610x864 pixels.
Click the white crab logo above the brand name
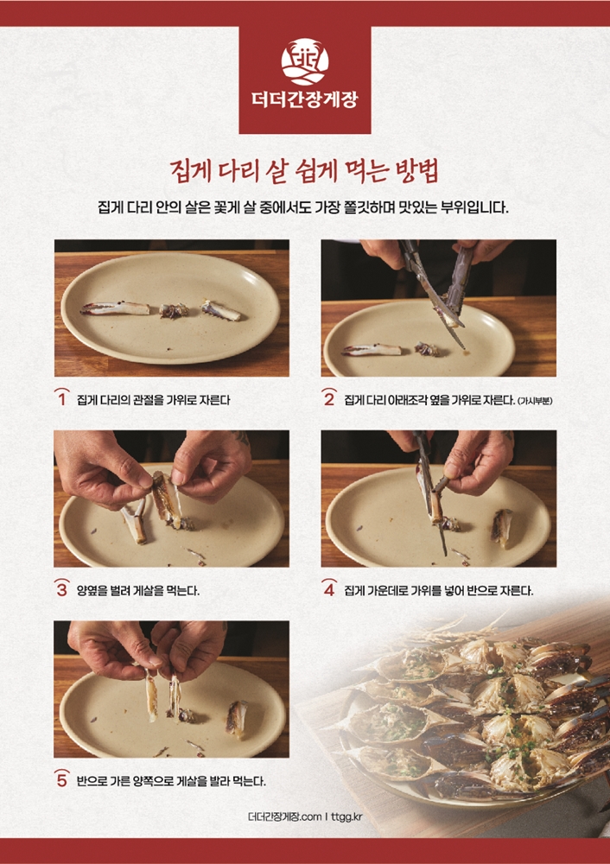[304, 61]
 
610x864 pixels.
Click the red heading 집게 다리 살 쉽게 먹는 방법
[305, 171]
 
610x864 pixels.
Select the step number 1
[62, 397]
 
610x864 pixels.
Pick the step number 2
[329, 397]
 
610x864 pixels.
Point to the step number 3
[62, 589]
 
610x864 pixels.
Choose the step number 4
[329, 589]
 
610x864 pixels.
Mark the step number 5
[62, 779]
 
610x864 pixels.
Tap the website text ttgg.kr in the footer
[347, 816]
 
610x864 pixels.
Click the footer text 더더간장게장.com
[284, 816]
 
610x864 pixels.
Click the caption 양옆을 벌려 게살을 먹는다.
[137, 591]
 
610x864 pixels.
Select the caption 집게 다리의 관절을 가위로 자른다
[154, 400]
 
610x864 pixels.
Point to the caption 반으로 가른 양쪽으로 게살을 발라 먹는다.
[171, 781]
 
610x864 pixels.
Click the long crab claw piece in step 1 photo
[116, 308]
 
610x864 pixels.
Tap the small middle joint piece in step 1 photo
[175, 311]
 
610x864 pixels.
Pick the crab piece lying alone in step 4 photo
[502, 527]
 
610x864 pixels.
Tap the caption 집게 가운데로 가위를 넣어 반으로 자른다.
[439, 591]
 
